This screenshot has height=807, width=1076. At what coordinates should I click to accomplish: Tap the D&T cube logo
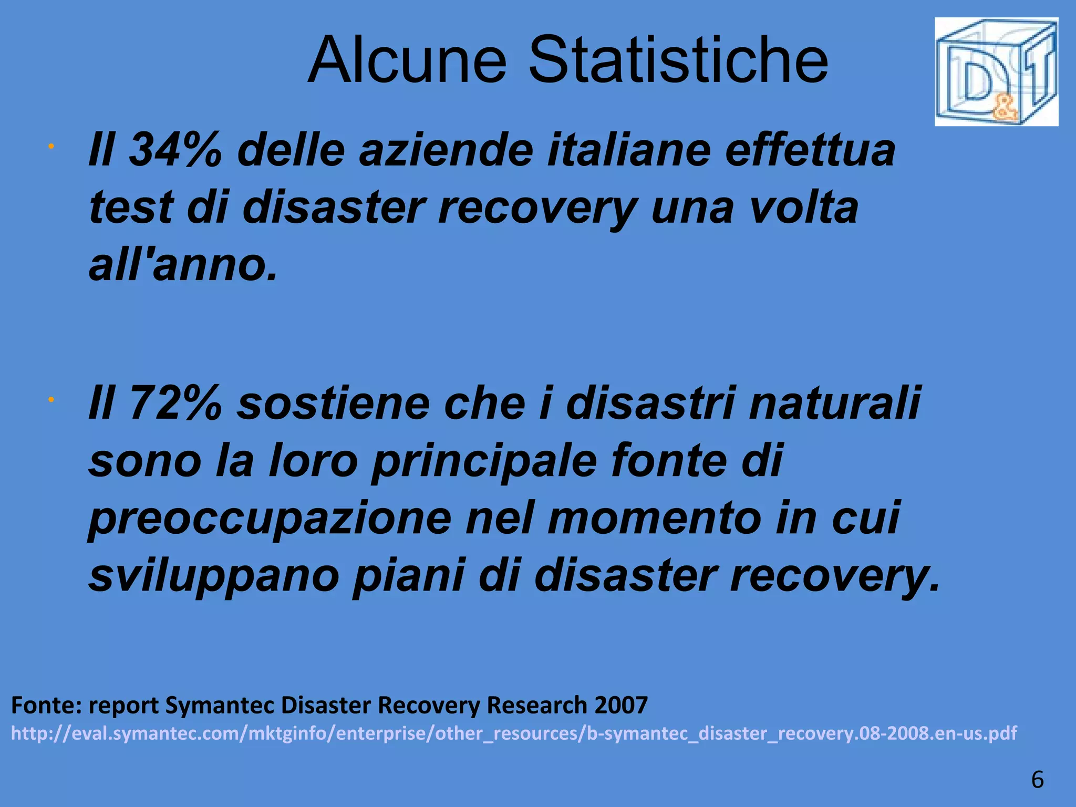coord(996,72)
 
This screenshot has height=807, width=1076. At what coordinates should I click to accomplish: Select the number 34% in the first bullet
coord(175,150)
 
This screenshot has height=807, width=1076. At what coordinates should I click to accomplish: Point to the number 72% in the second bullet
coord(175,403)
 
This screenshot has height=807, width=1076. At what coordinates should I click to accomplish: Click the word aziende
coord(446,150)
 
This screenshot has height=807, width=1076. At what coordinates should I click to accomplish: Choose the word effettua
coord(810,150)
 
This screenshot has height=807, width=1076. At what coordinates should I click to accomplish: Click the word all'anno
coord(183,265)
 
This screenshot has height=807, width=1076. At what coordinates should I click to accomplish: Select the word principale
coord(484,461)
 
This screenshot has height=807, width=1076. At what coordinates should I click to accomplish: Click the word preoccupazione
coord(270,519)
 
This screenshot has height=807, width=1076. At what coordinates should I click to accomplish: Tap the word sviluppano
coord(214,576)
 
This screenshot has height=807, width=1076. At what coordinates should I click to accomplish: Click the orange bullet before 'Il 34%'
coord(50,147)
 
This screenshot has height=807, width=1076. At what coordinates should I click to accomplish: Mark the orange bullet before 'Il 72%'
coord(50,400)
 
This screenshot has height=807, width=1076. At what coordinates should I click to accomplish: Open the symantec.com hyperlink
coord(514,733)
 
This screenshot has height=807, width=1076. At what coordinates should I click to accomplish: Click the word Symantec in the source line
coord(220,705)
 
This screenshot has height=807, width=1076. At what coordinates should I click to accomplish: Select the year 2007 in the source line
coord(621,705)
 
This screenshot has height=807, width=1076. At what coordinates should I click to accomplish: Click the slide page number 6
coord(1037,779)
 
